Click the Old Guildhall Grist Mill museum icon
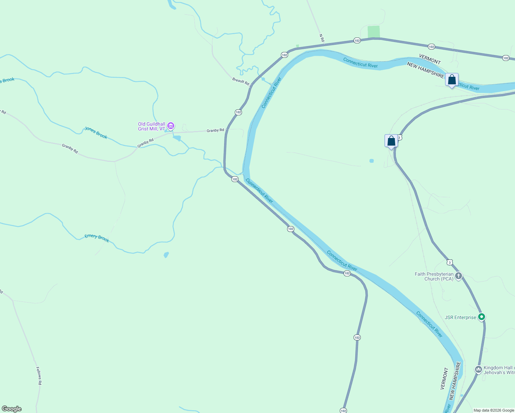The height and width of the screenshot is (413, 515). coord(171,126)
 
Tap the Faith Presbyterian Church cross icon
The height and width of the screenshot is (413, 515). coord(458,276)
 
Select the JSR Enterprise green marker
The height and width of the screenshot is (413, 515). coord(482,317)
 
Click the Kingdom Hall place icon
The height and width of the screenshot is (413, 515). coord(478,370)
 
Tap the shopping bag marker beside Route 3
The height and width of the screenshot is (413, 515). coord(391,141)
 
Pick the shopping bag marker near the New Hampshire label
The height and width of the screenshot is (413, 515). coord(452,80)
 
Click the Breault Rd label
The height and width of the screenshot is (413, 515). coord(240,82)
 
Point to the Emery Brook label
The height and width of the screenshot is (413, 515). coord(97,238)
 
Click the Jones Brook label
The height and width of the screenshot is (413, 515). coord(96,133)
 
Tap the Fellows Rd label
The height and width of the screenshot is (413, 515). coord(39,375)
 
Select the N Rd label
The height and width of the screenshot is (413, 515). coord(322,38)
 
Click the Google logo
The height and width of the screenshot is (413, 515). coord(12,409)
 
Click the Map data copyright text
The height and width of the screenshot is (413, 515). coord(494,410)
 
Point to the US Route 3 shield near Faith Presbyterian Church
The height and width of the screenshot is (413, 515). coord(450,262)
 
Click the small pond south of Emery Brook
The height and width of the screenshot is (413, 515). coord(166,255)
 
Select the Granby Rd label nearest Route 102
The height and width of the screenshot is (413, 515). coord(215,130)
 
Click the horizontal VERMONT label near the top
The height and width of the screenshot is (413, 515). coord(430,59)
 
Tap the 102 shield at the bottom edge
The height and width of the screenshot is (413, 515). coord(343,411)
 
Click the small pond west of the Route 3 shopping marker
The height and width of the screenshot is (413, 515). coord(371,161)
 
